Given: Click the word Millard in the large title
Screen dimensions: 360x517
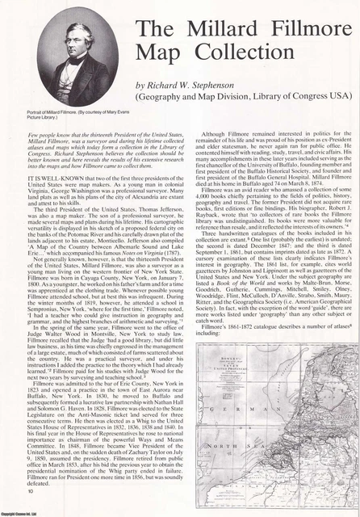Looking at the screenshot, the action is click(223, 31).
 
